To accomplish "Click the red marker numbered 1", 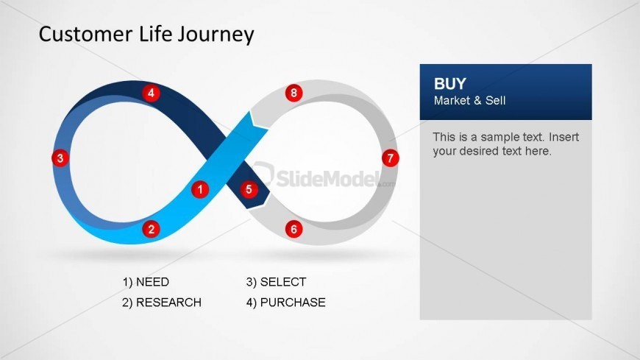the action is [x=200, y=189].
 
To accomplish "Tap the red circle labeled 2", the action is [x=151, y=229].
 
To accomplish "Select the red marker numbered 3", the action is [x=60, y=158].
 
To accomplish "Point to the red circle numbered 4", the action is [x=151, y=93].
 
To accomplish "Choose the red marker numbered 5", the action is [x=249, y=189].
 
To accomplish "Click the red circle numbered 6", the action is [x=294, y=229].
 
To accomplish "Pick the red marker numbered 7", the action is [x=390, y=158].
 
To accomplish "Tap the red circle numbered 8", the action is [x=294, y=93].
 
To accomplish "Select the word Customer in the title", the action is [x=85, y=34].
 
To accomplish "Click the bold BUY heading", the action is [x=449, y=84].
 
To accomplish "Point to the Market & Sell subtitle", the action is [x=469, y=101].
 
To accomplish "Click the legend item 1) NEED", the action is [x=146, y=282].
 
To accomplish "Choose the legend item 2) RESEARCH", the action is [x=162, y=303].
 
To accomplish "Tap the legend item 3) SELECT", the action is [x=276, y=282].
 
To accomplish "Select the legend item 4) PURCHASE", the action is [x=285, y=303].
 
